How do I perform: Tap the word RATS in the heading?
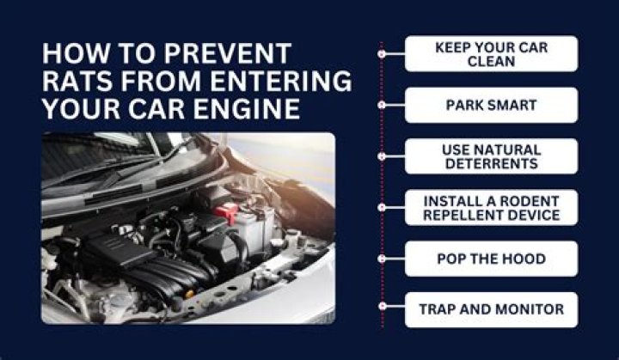point(77,81)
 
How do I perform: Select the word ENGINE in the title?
point(247,108)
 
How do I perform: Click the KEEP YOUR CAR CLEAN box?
point(492,53)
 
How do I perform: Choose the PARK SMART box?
point(492,105)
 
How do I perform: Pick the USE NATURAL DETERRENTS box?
point(492,156)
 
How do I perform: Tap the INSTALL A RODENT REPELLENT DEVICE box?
point(492,208)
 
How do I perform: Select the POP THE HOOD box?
point(492,259)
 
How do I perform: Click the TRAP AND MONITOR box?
point(492,310)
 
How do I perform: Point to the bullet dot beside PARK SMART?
point(382,105)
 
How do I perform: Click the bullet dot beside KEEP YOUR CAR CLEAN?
point(382,53)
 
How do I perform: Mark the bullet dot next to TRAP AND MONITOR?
point(382,306)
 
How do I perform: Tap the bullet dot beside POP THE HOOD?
point(382,259)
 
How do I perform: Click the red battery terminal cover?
point(226,212)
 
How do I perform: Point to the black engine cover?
point(119,252)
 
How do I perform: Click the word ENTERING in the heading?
point(280,81)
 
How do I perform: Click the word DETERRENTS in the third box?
point(492,163)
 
